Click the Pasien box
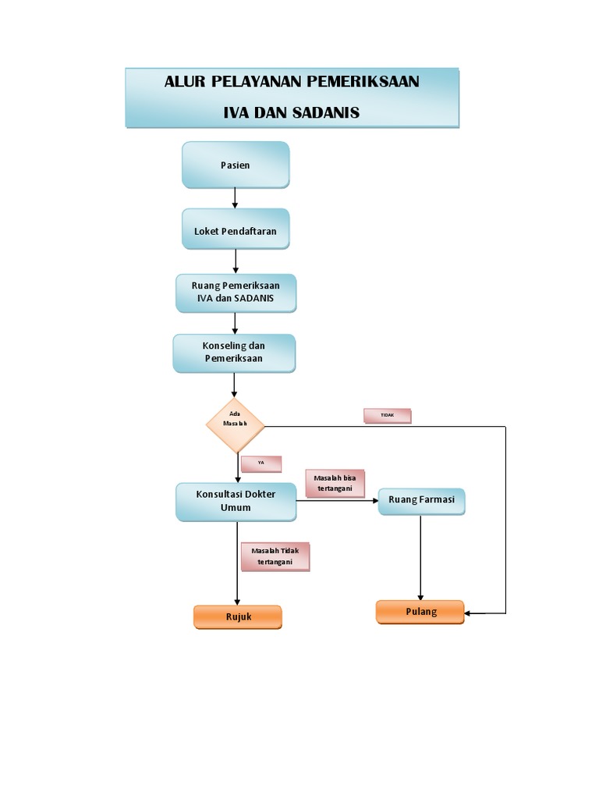pyautogui.click(x=236, y=165)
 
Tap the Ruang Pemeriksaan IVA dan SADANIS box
pyautogui.click(x=236, y=293)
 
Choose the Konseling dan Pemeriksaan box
pyautogui.click(x=234, y=353)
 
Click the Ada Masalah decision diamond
pyautogui.click(x=236, y=425)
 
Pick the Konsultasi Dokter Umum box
pyautogui.click(x=236, y=501)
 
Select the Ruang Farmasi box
pyautogui.click(x=421, y=500)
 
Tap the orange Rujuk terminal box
pyautogui.click(x=238, y=616)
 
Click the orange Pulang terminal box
pyautogui.click(x=420, y=612)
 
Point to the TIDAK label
pyautogui.click(x=387, y=416)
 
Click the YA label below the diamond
pyautogui.click(x=261, y=463)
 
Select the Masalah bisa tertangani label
pyautogui.click(x=335, y=484)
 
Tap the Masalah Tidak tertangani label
pyautogui.click(x=275, y=556)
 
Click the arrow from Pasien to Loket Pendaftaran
pyautogui.click(x=236, y=198)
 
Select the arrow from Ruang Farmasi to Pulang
pyautogui.click(x=421, y=558)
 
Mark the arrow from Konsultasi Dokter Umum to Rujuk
pyautogui.click(x=237, y=562)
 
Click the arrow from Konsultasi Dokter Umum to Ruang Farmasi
pyautogui.click(x=337, y=500)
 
